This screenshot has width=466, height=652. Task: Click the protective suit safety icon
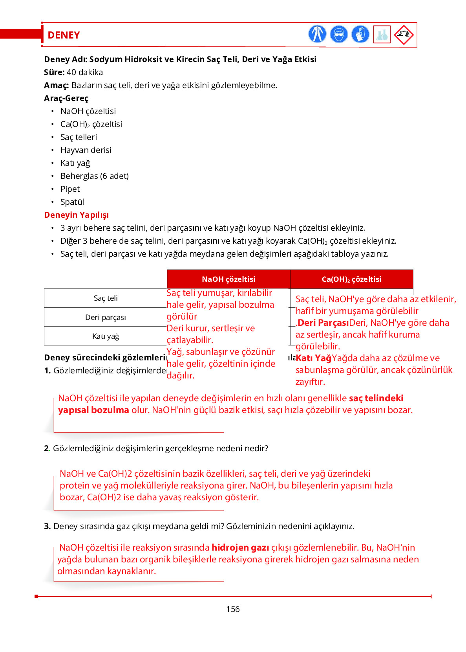click(x=317, y=34)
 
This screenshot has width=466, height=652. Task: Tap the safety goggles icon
click(x=339, y=34)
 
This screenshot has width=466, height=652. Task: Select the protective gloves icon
click(x=360, y=34)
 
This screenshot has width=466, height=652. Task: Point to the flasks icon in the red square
click(x=382, y=35)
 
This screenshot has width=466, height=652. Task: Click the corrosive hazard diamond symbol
click(x=404, y=35)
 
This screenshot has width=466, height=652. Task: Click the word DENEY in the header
click(x=64, y=35)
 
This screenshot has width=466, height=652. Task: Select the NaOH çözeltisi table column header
click(x=228, y=279)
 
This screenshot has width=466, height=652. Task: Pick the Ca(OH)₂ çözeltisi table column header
click(x=351, y=279)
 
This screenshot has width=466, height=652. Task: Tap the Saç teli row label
click(x=106, y=298)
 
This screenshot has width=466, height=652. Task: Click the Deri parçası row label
click(x=106, y=317)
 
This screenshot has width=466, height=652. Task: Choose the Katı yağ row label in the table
click(x=106, y=336)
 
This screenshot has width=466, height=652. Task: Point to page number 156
click(x=233, y=609)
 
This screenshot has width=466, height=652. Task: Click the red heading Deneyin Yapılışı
click(x=77, y=215)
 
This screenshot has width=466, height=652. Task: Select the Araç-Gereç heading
click(x=66, y=98)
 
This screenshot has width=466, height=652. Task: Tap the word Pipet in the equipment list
click(x=70, y=189)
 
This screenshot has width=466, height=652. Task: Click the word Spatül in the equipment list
click(x=72, y=202)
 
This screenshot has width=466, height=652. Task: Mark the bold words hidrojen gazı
click(x=240, y=547)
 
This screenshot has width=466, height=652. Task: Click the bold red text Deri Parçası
click(x=323, y=323)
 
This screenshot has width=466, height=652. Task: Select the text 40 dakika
click(x=85, y=72)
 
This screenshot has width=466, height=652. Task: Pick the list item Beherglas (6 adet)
click(x=95, y=176)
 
